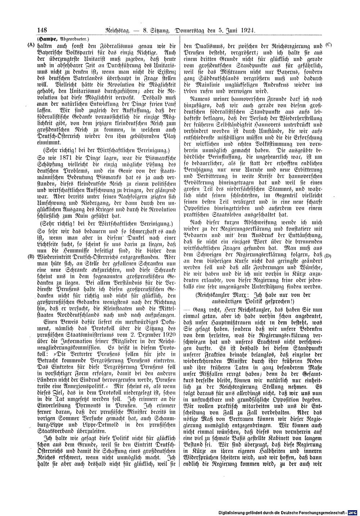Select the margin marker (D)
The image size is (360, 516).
click(328, 256)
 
